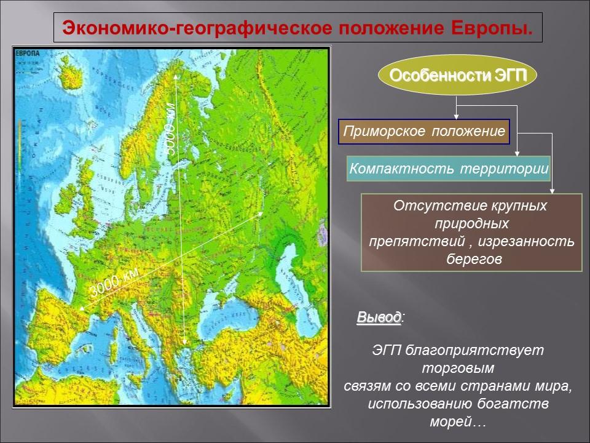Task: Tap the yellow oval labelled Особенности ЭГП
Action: pos(457,76)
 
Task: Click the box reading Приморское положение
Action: pos(424,132)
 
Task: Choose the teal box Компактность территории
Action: pos(449,169)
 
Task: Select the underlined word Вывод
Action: pos(379,318)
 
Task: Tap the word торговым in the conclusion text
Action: pos(458,369)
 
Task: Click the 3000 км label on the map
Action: pos(114,284)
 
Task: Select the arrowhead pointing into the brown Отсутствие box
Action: pos(553,191)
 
